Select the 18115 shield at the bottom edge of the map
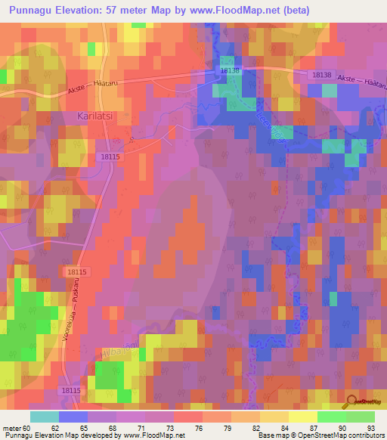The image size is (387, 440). coord(70,390)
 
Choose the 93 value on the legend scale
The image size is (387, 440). coord(370,429)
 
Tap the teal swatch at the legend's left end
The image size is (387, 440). coord(45,417)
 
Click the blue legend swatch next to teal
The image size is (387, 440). coord(73,417)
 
